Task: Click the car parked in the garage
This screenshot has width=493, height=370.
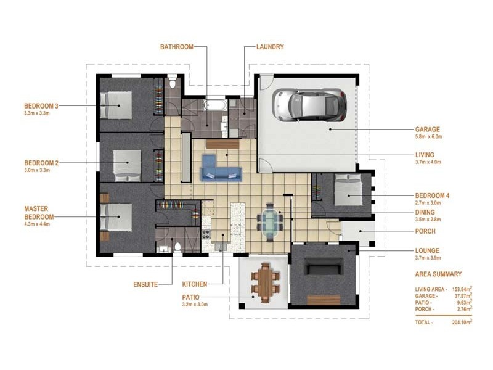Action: (309, 105)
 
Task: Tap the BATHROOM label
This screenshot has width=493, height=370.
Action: (177, 47)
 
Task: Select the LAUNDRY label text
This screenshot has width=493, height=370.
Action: (270, 47)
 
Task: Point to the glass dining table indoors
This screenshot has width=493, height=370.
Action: (270, 222)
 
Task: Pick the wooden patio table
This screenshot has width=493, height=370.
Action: (265, 282)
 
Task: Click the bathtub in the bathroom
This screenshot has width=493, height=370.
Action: (215, 105)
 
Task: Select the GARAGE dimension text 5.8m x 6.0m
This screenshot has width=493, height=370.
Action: (428, 136)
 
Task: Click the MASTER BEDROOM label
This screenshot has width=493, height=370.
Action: (39, 213)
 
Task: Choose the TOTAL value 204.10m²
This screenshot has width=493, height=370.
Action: (462, 322)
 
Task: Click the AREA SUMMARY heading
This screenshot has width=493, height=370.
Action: (438, 274)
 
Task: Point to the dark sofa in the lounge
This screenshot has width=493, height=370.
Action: (324, 267)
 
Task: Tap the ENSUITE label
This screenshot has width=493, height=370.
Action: (145, 284)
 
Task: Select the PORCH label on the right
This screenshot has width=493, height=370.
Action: (425, 231)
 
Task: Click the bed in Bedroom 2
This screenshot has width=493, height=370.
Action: (127, 165)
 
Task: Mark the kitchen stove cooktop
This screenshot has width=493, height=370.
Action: (206, 234)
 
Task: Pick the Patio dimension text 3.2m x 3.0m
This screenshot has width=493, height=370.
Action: (195, 305)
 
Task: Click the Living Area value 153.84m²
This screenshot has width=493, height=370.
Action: (462, 289)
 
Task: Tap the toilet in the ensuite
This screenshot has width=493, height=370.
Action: (177, 247)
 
